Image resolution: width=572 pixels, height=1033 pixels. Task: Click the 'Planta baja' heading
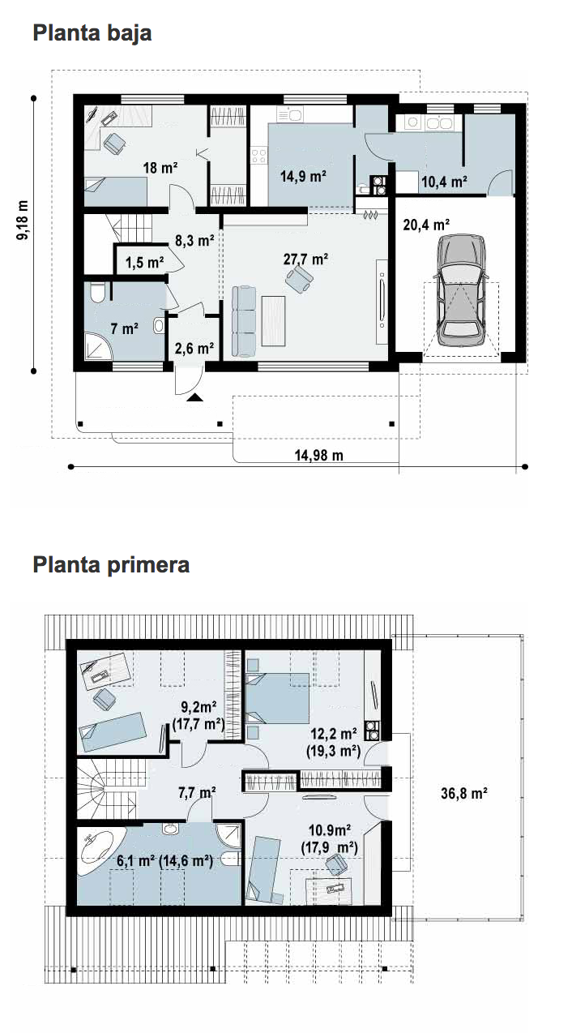(92, 33)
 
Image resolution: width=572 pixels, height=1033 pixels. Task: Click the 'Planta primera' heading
(111, 564)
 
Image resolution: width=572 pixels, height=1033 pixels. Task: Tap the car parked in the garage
(461, 290)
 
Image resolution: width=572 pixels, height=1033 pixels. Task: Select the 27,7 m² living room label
(305, 259)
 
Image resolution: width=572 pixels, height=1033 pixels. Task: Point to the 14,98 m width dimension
(319, 456)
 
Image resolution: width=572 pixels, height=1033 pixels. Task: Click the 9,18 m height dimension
(22, 220)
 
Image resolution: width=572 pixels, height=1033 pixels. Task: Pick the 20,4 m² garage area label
(426, 225)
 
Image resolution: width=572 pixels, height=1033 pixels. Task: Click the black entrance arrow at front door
(195, 398)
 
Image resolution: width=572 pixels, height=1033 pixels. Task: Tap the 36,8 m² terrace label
(464, 793)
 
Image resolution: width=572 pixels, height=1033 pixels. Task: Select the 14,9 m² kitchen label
(303, 176)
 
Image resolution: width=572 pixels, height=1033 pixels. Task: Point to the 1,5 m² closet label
(145, 263)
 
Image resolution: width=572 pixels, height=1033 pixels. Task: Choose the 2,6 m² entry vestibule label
(194, 348)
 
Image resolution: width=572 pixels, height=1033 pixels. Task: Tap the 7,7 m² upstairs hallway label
(197, 792)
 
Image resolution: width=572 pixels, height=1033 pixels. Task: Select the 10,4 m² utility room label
(444, 182)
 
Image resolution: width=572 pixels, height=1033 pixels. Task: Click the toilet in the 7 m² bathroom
(98, 293)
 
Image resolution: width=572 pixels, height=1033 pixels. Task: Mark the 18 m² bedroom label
(160, 167)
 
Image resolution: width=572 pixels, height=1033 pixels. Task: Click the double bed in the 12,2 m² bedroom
(277, 698)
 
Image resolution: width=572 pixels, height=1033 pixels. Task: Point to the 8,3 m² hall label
(194, 241)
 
